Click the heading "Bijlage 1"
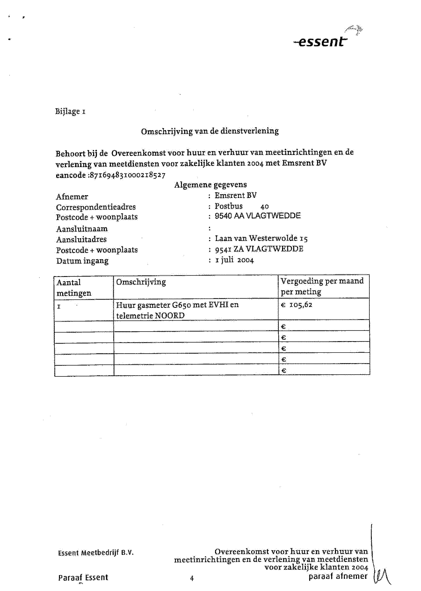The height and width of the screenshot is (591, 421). [71, 112]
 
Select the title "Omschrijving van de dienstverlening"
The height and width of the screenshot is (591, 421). [210, 131]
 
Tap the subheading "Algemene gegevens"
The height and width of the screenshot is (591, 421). [210, 185]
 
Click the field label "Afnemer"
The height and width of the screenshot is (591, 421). [72, 197]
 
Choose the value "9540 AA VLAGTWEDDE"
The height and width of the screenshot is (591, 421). [257, 216]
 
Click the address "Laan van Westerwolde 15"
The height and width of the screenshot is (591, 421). [261, 239]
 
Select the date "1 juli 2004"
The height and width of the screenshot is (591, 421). [234, 260]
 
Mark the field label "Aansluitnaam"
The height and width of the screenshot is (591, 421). [82, 229]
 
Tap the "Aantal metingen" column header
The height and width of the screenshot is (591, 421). [74, 288]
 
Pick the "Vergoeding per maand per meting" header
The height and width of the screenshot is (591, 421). [322, 286]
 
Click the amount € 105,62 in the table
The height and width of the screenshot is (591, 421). [297, 305]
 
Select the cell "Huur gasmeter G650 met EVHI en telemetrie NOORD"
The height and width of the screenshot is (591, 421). [177, 310]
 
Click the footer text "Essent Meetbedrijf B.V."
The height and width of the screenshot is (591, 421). [96, 552]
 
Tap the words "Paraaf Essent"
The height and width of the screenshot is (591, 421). [83, 577]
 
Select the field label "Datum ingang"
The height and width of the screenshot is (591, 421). [82, 261]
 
